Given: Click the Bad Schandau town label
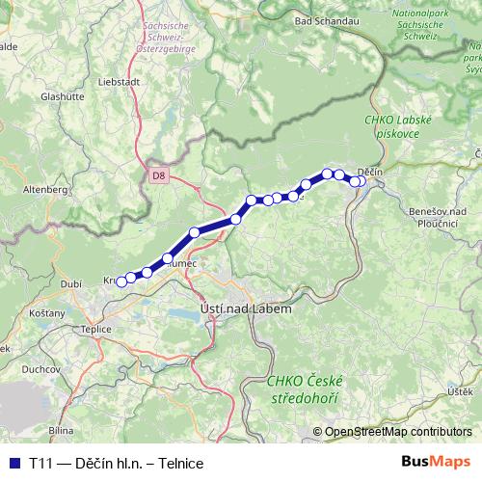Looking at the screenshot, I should (318, 19).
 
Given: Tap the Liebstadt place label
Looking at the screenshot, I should (119, 83).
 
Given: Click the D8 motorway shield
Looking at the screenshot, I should (159, 175).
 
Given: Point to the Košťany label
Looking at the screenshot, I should (46, 314).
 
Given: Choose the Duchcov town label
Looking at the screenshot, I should (41, 368).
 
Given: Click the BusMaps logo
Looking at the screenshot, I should (436, 463).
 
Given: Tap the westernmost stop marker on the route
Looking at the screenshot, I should (121, 281).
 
